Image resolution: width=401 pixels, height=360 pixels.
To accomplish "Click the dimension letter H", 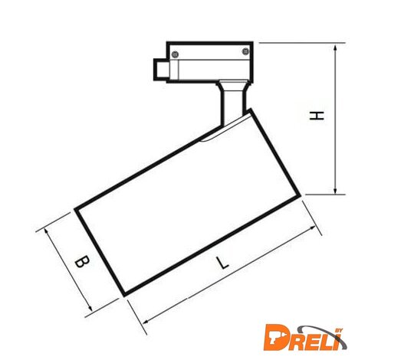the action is pyautogui.click(x=317, y=116).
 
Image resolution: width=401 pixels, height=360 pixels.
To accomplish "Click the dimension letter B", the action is pyautogui.click(x=82, y=261).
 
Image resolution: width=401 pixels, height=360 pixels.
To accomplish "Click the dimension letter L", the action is pyautogui.click(x=222, y=263).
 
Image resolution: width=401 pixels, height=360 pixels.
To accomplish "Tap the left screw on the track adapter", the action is pyautogui.click(x=175, y=54).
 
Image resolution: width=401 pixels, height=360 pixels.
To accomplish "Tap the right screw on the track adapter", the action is pyautogui.click(x=245, y=51).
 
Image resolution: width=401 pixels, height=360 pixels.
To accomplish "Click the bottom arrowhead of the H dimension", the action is pyautogui.click(x=335, y=191).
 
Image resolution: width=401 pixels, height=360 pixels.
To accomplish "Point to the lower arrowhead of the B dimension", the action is pyautogui.click(x=90, y=308).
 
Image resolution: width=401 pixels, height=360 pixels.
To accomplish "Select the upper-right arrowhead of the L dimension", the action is pyautogui.click(x=312, y=227).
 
